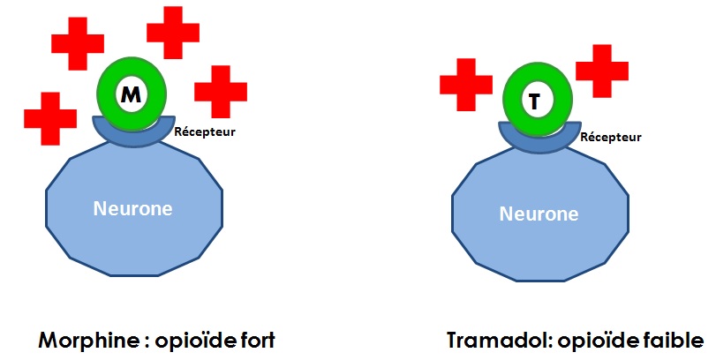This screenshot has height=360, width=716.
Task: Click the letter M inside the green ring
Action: pyautogui.click(x=131, y=95)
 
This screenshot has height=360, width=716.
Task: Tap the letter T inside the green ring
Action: pyautogui.click(x=534, y=101)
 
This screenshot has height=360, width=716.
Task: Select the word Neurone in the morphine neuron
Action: pyautogui.click(x=133, y=208)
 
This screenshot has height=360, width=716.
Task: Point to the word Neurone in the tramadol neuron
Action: pyautogui.click(x=539, y=214)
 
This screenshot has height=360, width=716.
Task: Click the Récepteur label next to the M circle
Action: pyautogui.click(x=205, y=131)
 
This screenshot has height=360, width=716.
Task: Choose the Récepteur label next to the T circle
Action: pyautogui.click(x=611, y=137)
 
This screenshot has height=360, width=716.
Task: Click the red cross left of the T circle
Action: pyautogui.click(x=466, y=85)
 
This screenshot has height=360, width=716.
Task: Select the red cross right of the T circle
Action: pyautogui.click(x=602, y=71)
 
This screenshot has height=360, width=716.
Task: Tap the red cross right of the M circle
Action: pyautogui.click(x=221, y=92)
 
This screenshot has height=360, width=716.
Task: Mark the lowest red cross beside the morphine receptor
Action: pyautogui.click(x=50, y=118)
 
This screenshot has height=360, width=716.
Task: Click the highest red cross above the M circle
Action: pyautogui.click(x=173, y=33)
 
